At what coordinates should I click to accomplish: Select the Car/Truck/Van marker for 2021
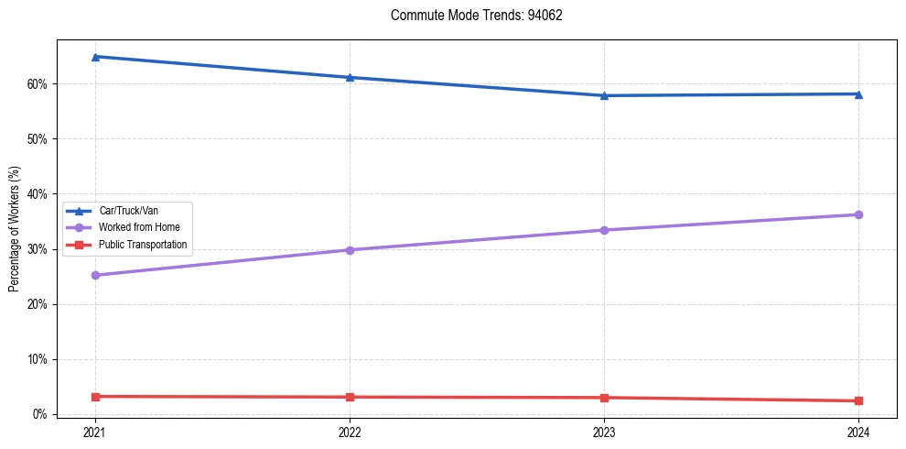[95, 57]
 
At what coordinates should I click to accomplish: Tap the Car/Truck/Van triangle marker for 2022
[350, 77]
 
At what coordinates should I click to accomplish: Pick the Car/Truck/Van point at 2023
[604, 95]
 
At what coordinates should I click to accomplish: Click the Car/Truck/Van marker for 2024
[858, 93]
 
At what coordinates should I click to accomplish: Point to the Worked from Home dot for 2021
[95, 275]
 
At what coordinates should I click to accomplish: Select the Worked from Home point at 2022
[350, 249]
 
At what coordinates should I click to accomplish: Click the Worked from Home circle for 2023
[604, 230]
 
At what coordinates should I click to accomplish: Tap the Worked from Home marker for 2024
[858, 214]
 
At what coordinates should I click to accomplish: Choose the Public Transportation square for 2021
[95, 396]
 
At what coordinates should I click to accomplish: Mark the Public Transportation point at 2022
[350, 397]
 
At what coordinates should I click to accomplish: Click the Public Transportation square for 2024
[858, 400]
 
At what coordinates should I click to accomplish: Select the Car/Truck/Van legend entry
[128, 211]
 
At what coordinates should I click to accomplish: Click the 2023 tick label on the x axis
[604, 432]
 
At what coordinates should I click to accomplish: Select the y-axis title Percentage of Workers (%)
[15, 228]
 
